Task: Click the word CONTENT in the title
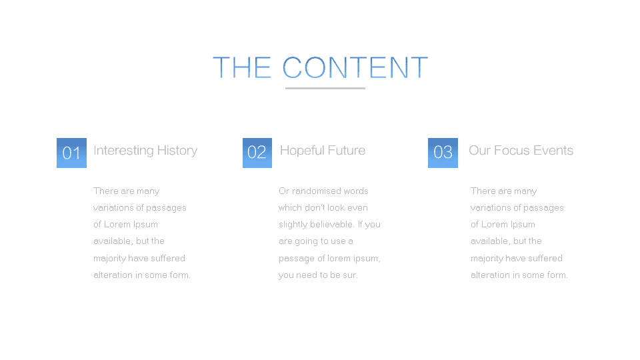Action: click(355, 67)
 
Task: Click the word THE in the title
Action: click(242, 67)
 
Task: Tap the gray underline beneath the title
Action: click(325, 88)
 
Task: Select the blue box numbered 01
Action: click(71, 153)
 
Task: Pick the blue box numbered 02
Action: click(257, 153)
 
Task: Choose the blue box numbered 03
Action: click(443, 153)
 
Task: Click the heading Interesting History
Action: click(145, 151)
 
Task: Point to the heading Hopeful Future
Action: click(323, 151)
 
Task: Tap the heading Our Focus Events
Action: click(521, 150)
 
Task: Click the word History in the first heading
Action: click(177, 151)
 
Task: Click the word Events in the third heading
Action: click(553, 150)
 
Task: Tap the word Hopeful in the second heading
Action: click(302, 151)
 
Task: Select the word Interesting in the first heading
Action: click(124, 151)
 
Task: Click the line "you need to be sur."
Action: click(319, 275)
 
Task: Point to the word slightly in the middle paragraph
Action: click(293, 225)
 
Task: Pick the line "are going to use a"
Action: click(316, 241)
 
